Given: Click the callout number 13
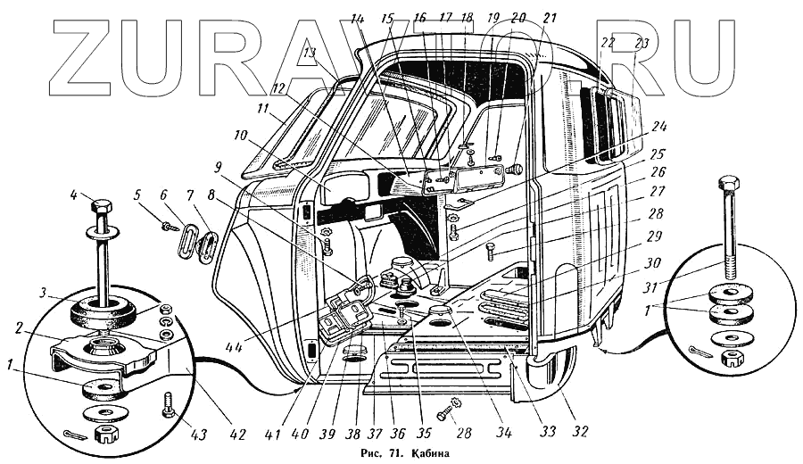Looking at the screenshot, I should coord(310,54).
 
